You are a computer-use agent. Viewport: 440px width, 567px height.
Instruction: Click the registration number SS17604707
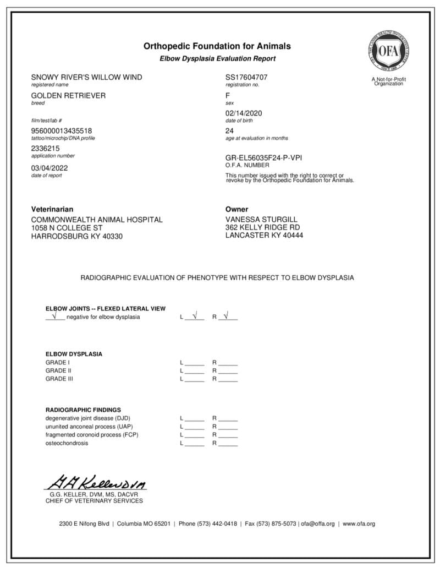246,77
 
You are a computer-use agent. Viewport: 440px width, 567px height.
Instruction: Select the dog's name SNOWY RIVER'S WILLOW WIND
86,77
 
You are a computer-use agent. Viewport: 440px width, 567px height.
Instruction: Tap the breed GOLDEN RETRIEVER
68,95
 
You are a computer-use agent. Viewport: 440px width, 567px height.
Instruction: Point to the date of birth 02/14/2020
244,113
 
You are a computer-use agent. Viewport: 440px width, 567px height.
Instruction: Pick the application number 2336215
46,149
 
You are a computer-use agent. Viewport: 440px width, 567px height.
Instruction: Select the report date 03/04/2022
50,168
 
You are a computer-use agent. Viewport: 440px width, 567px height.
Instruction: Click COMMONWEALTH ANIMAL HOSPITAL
97,220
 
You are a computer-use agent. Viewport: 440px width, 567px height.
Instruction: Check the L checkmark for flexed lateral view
194,317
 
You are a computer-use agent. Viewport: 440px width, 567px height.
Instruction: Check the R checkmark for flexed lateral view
228,317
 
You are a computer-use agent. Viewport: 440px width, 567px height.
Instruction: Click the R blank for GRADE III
228,379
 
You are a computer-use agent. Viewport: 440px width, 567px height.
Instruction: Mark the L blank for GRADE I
194,363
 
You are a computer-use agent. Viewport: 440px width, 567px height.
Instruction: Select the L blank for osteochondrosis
194,443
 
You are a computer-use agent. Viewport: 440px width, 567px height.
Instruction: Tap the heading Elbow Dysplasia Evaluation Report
217,58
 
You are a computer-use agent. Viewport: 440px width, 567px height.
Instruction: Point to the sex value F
228,95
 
